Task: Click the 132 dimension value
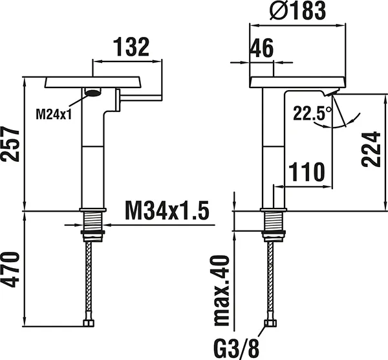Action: pos(132,47)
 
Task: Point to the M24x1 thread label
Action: pos(53,114)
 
